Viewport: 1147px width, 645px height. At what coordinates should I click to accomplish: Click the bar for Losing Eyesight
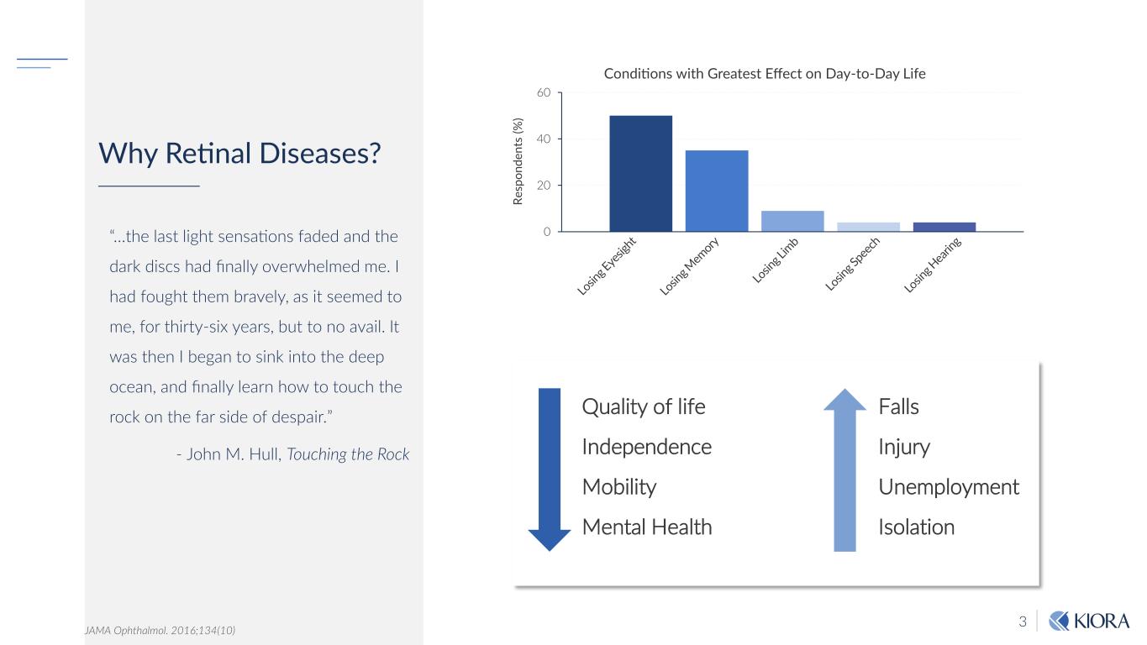[x=640, y=173]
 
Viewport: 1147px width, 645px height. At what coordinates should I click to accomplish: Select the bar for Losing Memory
[x=717, y=191]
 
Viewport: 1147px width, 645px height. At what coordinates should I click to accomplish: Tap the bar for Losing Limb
[x=792, y=221]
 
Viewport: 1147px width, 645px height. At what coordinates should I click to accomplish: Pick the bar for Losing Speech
[x=868, y=227]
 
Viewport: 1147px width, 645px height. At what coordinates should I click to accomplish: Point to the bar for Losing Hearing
[x=944, y=227]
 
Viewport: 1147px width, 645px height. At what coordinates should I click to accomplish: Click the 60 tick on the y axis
[x=544, y=92]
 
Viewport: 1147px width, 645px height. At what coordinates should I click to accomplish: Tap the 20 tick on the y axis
[x=544, y=185]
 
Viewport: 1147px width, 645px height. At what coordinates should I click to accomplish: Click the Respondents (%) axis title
[x=518, y=161]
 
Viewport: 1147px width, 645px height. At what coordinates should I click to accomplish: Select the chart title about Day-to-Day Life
[x=765, y=74]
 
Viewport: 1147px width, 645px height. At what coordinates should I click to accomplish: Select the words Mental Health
[x=646, y=527]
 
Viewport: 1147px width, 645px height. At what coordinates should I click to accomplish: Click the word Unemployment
[x=948, y=487]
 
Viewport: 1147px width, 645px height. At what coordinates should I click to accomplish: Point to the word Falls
[x=898, y=407]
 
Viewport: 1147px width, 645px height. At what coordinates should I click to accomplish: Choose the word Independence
[x=646, y=447]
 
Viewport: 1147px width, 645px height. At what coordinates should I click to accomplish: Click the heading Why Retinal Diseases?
[x=240, y=154]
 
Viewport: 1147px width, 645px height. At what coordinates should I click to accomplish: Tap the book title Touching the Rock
[x=348, y=454]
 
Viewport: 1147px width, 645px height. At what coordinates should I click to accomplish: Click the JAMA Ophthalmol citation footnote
[x=160, y=629]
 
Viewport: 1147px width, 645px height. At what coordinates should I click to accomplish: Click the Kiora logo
[x=1090, y=621]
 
